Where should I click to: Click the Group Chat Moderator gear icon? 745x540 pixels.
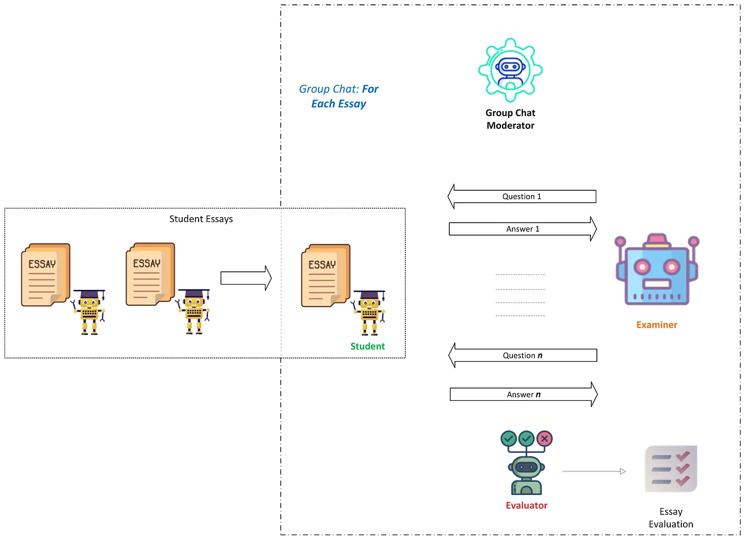pyautogui.click(x=510, y=70)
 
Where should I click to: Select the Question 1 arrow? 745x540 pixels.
pyautogui.click(x=522, y=196)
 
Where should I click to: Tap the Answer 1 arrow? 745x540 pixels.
pyautogui.click(x=523, y=229)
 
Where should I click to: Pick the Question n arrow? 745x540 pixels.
pyautogui.click(x=522, y=355)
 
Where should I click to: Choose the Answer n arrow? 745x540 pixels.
pyautogui.click(x=523, y=394)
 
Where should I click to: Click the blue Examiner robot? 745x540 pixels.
pyautogui.click(x=657, y=271)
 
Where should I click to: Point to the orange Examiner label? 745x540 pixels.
pyautogui.click(x=657, y=325)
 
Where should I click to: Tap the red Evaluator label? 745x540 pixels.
pyautogui.click(x=527, y=505)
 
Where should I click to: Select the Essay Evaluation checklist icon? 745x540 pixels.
pyautogui.click(x=670, y=469)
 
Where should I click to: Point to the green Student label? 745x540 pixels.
pyautogui.click(x=368, y=346)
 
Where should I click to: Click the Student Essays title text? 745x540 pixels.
pyautogui.click(x=201, y=219)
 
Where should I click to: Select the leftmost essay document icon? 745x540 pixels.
pyautogui.click(x=46, y=275)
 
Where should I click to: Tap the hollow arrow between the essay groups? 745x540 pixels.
pyautogui.click(x=246, y=278)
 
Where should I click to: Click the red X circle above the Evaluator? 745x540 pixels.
pyautogui.click(x=544, y=439)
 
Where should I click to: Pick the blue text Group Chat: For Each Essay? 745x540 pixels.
pyautogui.click(x=338, y=96)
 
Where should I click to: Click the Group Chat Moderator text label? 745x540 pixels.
pyautogui.click(x=510, y=119)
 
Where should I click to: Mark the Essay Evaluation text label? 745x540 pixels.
pyautogui.click(x=671, y=518)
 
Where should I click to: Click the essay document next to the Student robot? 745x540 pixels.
pyautogui.click(x=325, y=275)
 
